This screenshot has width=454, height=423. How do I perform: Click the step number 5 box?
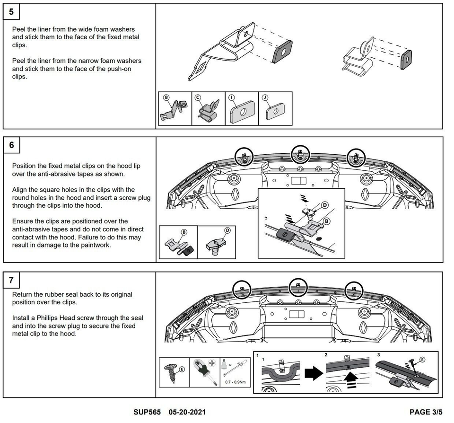[11, 11]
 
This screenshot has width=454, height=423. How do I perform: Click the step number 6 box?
[11, 145]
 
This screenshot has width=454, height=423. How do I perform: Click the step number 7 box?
[11, 280]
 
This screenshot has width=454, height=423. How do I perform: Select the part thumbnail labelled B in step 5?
[175, 108]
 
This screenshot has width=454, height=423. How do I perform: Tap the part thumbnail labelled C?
[208, 108]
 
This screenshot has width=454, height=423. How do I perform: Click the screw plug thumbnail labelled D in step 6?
[216, 242]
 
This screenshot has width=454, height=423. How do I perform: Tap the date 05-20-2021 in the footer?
[187, 413]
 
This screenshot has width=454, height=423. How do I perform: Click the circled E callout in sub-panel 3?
[422, 360]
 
